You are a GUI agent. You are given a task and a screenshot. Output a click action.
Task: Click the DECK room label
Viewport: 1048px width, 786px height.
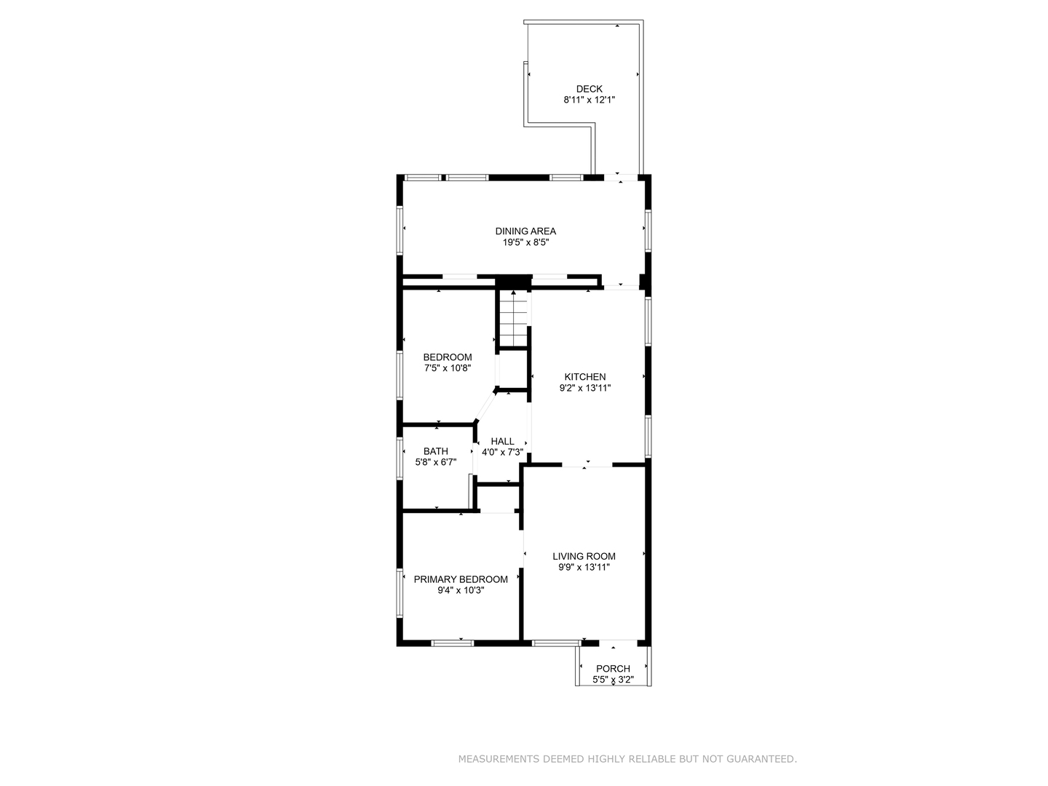coord(589,89)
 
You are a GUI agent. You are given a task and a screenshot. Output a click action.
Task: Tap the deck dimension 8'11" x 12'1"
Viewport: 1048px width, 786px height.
coord(589,100)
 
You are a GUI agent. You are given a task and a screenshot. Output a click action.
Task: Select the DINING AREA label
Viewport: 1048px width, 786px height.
coord(525,231)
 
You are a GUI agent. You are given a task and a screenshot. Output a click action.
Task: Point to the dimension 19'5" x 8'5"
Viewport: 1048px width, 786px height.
coord(525,242)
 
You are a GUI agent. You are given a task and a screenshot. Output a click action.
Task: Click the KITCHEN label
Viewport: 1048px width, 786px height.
coord(585,376)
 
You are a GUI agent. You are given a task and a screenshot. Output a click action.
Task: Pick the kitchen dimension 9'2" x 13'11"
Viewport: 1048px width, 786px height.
coord(585,388)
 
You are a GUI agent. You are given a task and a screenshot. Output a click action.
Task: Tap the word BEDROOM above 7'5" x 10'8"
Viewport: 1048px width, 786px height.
coord(448,357)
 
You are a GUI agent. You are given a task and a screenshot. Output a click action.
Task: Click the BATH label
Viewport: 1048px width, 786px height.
coord(435,451)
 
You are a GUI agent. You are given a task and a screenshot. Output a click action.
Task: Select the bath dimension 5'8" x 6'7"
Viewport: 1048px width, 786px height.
coord(435,462)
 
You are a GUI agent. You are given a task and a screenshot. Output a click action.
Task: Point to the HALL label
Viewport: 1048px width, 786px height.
coord(502,442)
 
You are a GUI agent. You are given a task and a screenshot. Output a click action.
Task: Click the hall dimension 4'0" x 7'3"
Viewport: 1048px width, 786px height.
coord(502,452)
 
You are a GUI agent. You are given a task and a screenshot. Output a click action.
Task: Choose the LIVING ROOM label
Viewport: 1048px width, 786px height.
coord(584,556)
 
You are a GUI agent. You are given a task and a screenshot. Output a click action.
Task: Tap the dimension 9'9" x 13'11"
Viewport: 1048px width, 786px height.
coord(584,567)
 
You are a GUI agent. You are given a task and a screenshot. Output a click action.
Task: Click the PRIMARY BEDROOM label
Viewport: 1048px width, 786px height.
coord(461,579)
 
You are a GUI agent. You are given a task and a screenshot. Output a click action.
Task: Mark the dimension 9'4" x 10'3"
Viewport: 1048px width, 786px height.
coord(461,590)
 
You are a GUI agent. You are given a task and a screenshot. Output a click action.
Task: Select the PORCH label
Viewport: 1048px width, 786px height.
coord(613,669)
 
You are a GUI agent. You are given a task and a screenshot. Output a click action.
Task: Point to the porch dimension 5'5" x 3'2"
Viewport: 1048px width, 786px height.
coord(613,680)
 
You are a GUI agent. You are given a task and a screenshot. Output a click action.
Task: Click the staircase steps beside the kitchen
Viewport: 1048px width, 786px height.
coord(513,318)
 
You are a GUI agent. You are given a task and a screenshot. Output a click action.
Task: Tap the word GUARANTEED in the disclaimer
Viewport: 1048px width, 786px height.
coord(761,759)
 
